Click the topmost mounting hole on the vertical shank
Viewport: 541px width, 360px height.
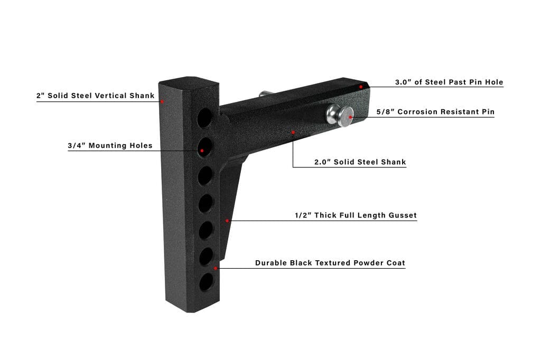[x=204, y=118]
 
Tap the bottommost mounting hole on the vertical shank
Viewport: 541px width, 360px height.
[x=207, y=282]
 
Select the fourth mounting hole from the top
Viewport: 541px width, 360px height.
[x=206, y=203]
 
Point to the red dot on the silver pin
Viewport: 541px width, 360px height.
[x=351, y=117]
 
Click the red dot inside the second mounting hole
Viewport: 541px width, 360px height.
[x=202, y=150]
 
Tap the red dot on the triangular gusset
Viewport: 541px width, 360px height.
[x=227, y=220]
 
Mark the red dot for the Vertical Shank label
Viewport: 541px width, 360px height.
[x=162, y=102]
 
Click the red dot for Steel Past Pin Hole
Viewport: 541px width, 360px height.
[x=361, y=87]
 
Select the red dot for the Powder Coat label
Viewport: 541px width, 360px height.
[x=216, y=268]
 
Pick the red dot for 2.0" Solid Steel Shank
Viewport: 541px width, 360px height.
[x=293, y=132]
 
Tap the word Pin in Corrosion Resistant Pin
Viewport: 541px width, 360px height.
[x=488, y=112]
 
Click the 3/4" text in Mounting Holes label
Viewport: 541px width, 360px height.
[x=77, y=146]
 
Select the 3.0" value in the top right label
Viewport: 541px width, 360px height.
[x=403, y=82]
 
